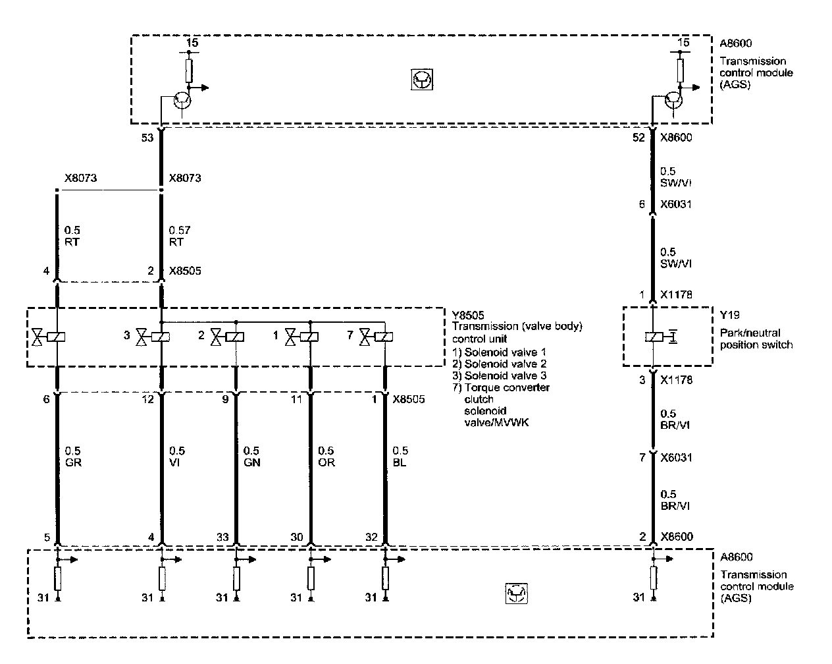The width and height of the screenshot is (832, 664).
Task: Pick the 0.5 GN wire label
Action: click(251, 456)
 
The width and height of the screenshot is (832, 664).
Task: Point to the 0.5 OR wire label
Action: click(326, 456)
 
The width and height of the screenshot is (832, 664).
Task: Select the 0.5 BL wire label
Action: click(400, 456)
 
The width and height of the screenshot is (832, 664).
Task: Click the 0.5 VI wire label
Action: click(177, 456)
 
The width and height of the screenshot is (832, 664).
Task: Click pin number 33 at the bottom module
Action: click(222, 538)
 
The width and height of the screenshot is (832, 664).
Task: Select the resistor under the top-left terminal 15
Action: click(189, 70)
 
